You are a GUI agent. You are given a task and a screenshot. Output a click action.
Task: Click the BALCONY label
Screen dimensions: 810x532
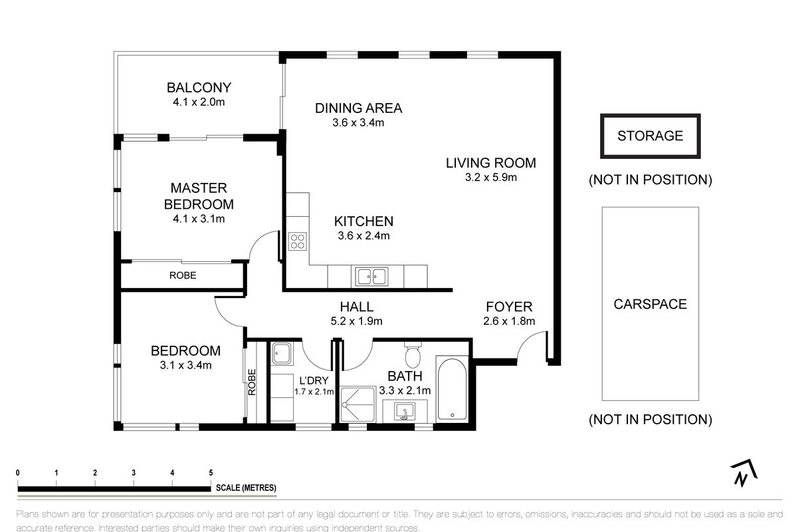click(199, 88)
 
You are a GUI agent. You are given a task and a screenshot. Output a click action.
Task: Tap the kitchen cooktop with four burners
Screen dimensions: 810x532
click(298, 241)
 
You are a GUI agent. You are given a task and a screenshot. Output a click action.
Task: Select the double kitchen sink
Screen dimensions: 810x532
click(371, 277)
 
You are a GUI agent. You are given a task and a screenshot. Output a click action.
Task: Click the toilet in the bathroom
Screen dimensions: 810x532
click(413, 355)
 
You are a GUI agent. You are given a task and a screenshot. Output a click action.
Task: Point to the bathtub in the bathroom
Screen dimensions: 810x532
click(452, 389)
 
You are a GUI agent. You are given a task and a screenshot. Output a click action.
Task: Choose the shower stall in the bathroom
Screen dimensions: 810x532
click(358, 405)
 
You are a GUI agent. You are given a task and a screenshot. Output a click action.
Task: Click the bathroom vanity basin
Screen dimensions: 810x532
click(405, 412)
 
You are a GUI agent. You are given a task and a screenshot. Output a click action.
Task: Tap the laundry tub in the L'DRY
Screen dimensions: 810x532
click(281, 353)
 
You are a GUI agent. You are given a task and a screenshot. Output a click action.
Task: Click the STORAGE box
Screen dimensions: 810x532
click(650, 136)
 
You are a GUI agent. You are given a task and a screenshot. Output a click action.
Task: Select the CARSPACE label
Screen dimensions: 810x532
click(650, 305)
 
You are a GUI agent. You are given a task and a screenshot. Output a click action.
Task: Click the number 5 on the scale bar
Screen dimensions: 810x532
click(211, 473)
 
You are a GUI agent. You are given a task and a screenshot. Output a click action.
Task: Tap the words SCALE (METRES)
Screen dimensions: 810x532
click(246, 488)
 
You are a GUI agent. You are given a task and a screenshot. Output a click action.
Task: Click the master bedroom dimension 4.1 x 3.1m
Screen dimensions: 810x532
click(199, 219)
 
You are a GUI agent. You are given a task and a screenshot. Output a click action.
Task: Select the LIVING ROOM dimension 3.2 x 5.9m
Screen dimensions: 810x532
click(490, 178)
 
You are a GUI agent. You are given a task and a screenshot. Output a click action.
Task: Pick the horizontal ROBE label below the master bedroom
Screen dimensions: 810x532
click(183, 276)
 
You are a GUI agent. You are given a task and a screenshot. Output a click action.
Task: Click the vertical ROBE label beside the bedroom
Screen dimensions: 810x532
click(252, 382)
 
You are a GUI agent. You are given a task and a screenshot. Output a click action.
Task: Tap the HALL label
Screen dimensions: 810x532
click(357, 307)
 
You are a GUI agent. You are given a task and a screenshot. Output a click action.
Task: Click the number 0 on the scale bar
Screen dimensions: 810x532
click(18, 473)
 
